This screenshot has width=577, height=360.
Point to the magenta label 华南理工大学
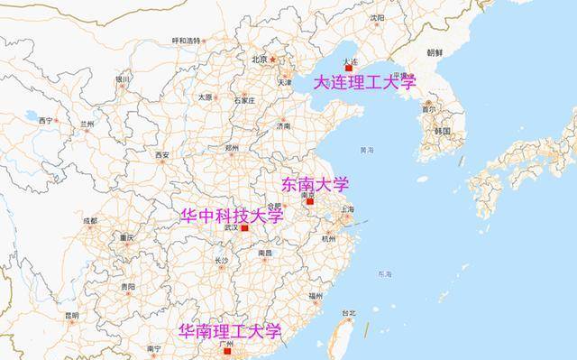point(230,331)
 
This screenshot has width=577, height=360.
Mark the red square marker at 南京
point(311,203)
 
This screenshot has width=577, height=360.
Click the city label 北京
point(260,60)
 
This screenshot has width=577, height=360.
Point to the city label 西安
point(161,155)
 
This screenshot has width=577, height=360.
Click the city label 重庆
point(126,238)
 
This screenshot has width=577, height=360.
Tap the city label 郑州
point(233,147)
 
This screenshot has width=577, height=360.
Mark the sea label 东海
point(385,273)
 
